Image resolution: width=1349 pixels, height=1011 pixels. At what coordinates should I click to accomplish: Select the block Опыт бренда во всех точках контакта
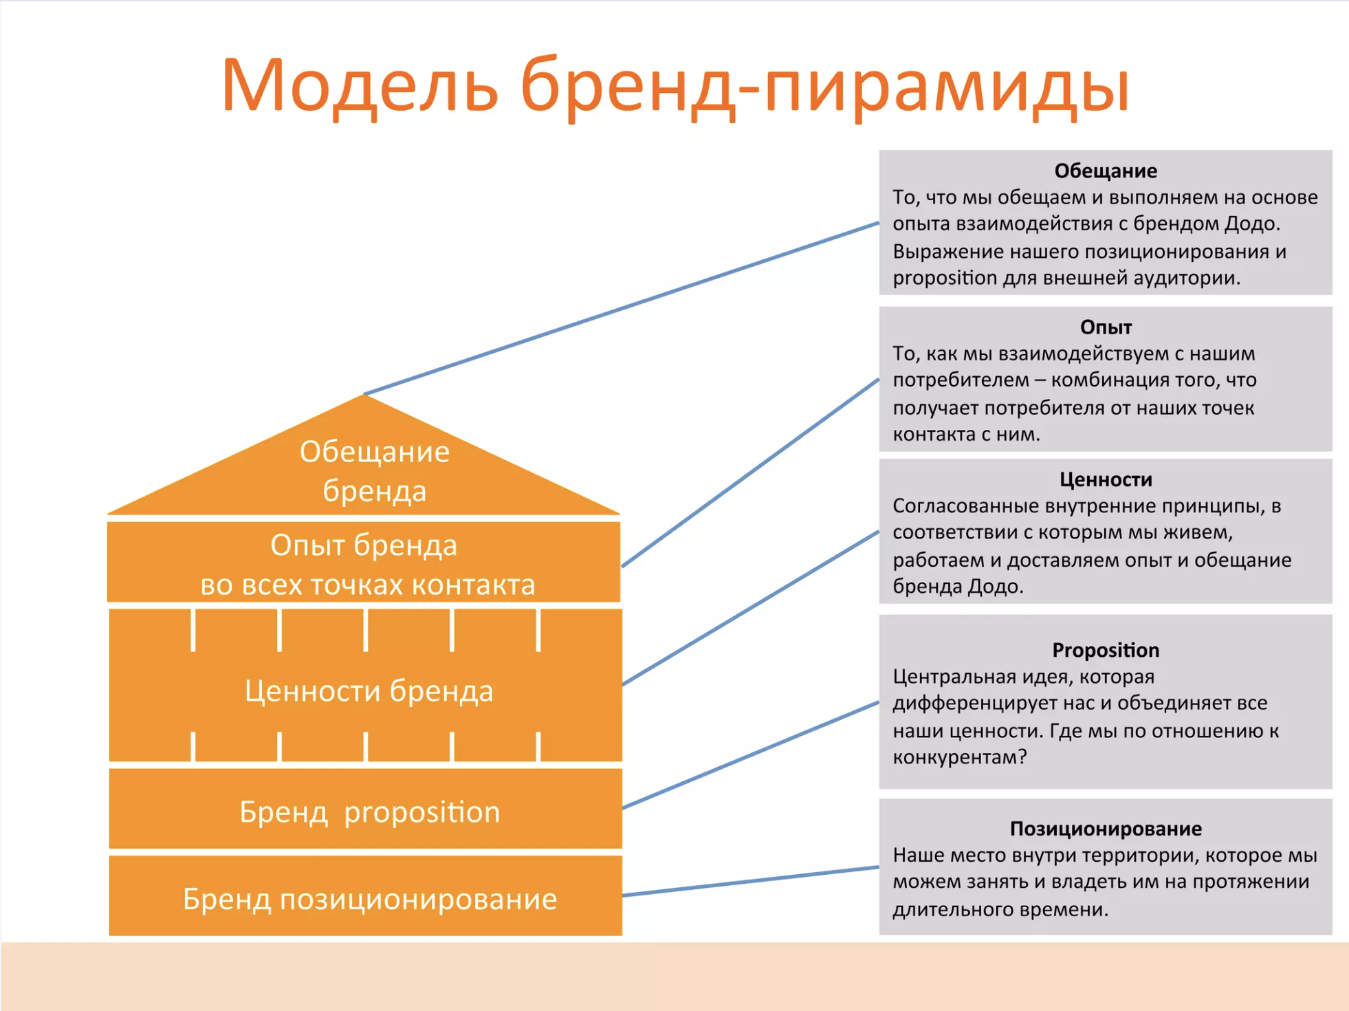click(364, 563)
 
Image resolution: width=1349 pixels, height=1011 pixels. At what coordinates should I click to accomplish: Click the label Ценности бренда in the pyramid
click(369, 691)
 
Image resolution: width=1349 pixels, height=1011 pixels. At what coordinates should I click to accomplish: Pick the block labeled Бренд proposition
click(366, 809)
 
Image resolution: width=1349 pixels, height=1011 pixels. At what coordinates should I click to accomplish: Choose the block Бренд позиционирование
click(366, 895)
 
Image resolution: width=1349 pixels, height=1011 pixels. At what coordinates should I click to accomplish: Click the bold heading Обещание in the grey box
click(1106, 171)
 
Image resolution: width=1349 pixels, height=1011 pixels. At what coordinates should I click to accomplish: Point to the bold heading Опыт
click(1106, 327)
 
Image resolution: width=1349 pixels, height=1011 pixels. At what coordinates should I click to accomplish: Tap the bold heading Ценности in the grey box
click(1106, 479)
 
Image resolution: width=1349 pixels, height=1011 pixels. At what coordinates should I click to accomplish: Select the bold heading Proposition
click(1106, 650)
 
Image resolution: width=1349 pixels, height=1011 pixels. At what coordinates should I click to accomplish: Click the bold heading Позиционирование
click(1106, 829)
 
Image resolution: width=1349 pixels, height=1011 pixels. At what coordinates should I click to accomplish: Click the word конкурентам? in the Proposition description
click(960, 757)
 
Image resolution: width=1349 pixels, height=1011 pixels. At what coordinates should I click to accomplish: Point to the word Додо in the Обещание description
click(1249, 224)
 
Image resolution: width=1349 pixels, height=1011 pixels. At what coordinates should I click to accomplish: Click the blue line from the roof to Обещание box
click(622, 308)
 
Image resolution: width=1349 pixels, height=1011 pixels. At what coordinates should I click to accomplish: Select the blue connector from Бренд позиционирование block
click(751, 881)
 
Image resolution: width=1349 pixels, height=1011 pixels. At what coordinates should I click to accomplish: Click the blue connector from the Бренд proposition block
click(751, 755)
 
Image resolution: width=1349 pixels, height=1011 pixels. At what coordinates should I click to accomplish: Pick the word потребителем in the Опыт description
click(961, 380)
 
